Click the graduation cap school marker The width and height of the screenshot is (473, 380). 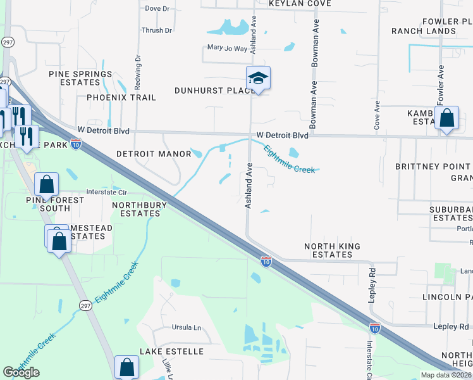click(258, 79)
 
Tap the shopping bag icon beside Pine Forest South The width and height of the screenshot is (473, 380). click(47, 185)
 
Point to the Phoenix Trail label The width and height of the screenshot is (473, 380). click(121, 98)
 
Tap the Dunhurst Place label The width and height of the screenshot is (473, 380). click(215, 91)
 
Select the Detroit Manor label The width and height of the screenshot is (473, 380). click(154, 154)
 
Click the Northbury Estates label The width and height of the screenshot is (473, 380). click(139, 209)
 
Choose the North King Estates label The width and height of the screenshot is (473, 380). click(332, 250)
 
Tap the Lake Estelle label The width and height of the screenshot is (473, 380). click(171, 351)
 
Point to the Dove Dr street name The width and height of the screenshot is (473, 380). click(157, 9)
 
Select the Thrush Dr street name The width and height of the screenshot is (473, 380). click(157, 30)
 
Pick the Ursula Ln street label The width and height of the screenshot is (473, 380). click(186, 328)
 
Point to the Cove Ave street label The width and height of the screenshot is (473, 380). click(377, 115)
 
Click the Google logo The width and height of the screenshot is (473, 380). click(21, 372)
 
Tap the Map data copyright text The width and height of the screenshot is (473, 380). click(446, 375)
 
